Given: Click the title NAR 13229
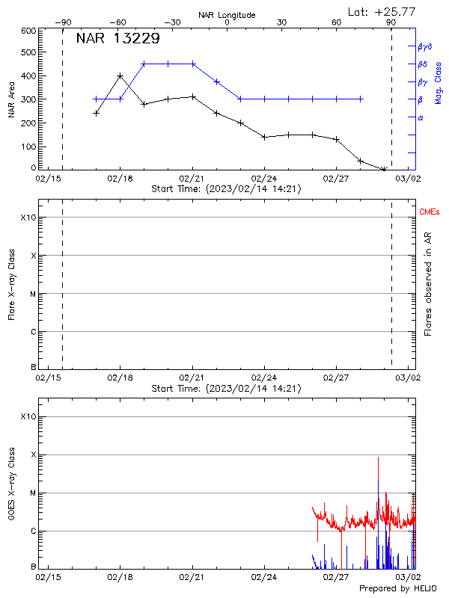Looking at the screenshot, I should (117, 39).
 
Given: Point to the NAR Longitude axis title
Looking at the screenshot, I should (227, 14).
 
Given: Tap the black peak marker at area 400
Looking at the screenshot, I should (120, 75).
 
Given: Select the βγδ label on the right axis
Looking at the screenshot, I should (425, 46).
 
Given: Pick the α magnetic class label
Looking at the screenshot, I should (421, 117).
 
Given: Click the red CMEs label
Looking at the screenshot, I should (429, 213).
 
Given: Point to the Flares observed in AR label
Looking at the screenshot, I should (428, 284).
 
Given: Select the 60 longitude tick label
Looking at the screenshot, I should (337, 22).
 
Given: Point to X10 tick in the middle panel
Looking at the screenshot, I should (28, 218).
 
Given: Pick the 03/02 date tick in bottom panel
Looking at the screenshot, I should (409, 578).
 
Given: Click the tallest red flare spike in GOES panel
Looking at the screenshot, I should (379, 457).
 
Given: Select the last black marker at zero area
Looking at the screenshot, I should (384, 170).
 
